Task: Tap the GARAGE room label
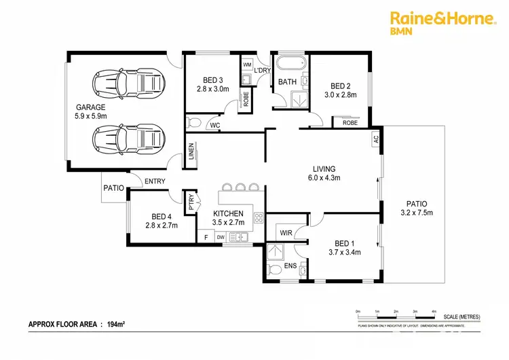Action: point(90,107)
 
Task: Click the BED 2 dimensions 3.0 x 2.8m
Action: point(340,95)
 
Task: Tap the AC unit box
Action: point(375,139)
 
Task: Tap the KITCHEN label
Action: point(228,213)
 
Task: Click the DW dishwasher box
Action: point(221,237)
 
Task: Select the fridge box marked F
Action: point(206,237)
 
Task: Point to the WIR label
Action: point(286,233)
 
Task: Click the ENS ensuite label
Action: point(290,265)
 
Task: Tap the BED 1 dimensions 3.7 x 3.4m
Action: point(345,253)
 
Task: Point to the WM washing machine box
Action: point(247,65)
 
